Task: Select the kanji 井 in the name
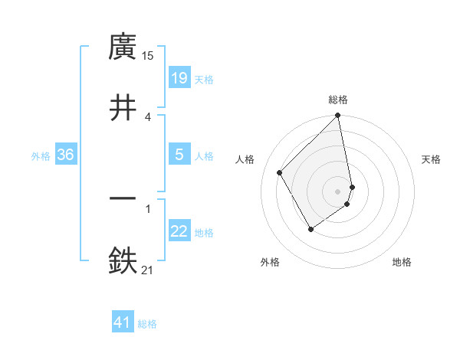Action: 123,108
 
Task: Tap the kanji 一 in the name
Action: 123,200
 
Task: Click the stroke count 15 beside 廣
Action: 148,56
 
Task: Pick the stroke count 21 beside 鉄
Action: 148,270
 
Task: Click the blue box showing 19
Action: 179,78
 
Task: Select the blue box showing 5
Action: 179,155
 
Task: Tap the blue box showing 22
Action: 179,231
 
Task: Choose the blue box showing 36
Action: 66,155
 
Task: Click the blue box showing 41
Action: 123,322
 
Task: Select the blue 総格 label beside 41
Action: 147,324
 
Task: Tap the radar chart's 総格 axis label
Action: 338,100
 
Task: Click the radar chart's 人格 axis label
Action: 245,159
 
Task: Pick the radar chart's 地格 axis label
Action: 402,262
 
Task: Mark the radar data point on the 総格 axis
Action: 338,116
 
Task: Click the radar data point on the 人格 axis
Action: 280,172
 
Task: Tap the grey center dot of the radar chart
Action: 338,191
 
